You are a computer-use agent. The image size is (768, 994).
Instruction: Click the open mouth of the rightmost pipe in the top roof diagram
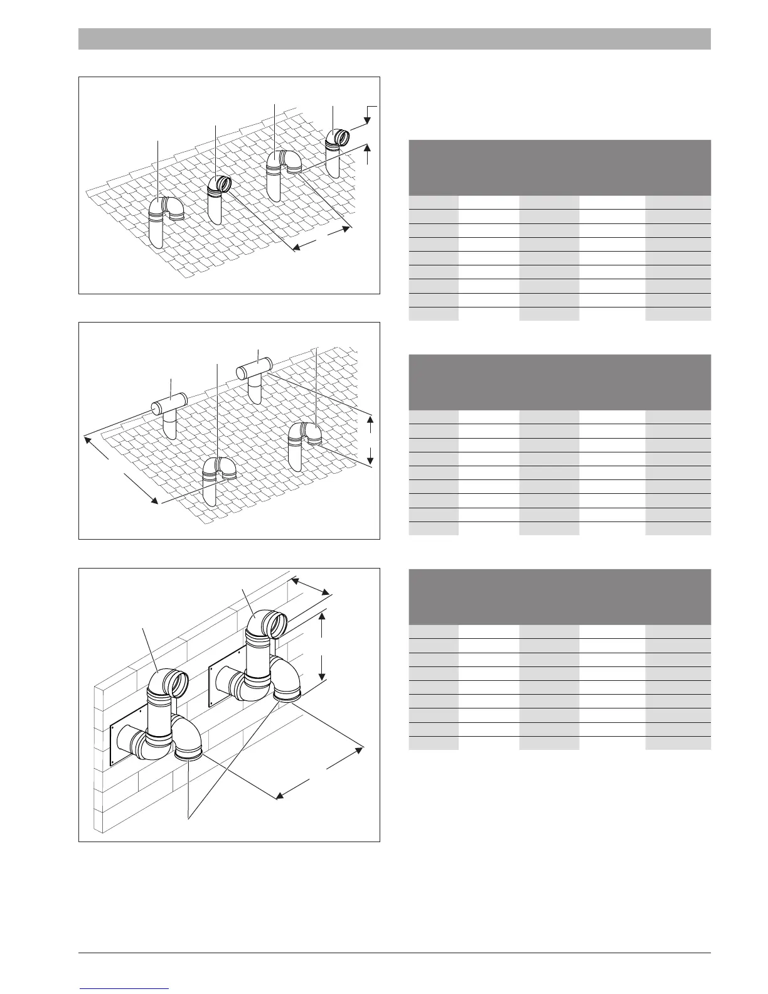click(343, 136)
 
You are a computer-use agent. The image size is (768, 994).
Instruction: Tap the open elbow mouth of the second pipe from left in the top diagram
click(223, 184)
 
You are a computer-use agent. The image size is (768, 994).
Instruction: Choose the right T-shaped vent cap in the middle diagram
click(253, 369)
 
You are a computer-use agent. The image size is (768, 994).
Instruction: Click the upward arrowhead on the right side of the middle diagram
click(370, 419)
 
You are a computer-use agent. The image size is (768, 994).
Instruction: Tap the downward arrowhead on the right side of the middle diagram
click(370, 461)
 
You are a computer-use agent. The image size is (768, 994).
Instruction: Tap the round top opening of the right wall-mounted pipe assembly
click(277, 624)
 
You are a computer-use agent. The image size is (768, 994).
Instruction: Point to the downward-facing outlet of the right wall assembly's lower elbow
click(288, 694)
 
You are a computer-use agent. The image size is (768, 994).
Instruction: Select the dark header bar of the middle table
click(559, 382)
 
